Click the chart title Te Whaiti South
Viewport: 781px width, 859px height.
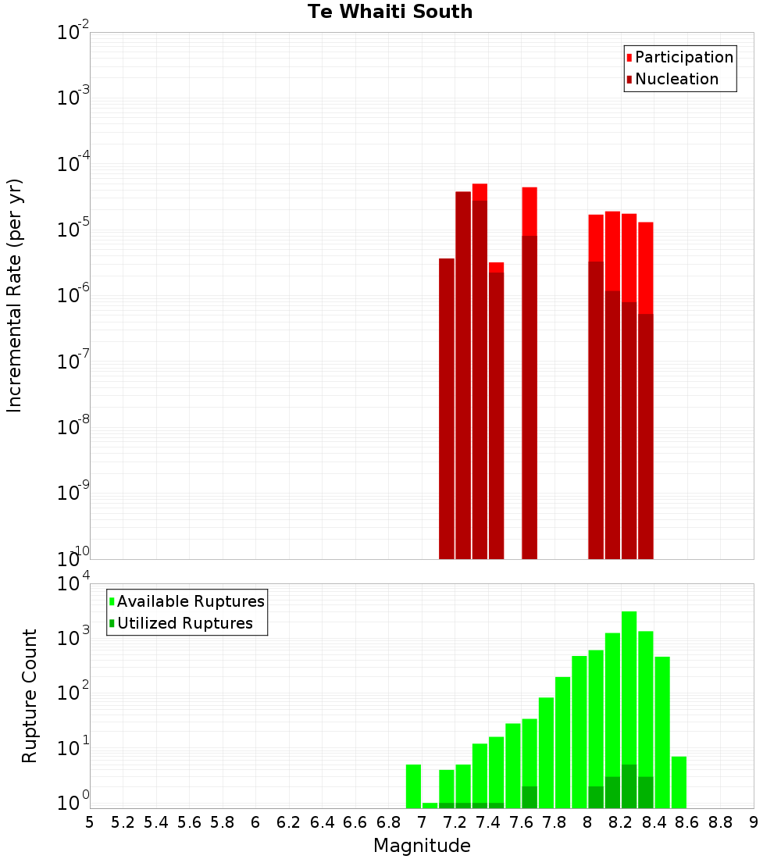pos(390,12)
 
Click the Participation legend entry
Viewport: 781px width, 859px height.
pos(684,57)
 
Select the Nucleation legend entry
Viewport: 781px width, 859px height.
pos(676,79)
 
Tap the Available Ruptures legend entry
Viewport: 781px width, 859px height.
pos(191,601)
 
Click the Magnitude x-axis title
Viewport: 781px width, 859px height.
pos(422,846)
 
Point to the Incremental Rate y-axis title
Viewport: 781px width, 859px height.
pos(15,295)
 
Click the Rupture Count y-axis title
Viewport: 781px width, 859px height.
pos(30,696)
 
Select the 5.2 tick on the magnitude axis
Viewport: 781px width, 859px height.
pos(123,822)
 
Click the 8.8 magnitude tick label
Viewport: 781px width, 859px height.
pos(720,822)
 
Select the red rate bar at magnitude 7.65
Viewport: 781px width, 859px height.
pos(530,211)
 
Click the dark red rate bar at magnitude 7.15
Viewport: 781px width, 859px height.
pos(447,406)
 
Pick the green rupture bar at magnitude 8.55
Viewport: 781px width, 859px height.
pos(679,781)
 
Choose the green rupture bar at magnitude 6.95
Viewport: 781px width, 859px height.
pos(414,786)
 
